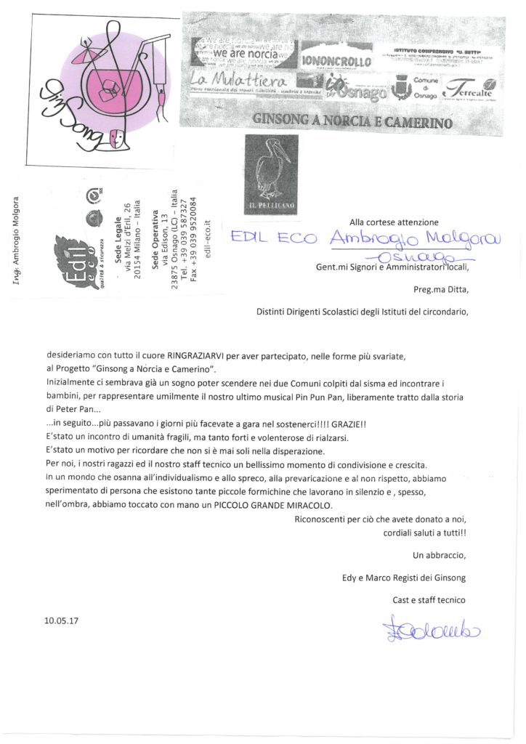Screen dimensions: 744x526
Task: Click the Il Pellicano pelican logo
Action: click(x=270, y=174)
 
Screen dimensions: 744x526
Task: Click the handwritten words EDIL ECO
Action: click(x=272, y=238)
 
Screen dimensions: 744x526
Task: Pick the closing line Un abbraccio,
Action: click(x=439, y=556)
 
